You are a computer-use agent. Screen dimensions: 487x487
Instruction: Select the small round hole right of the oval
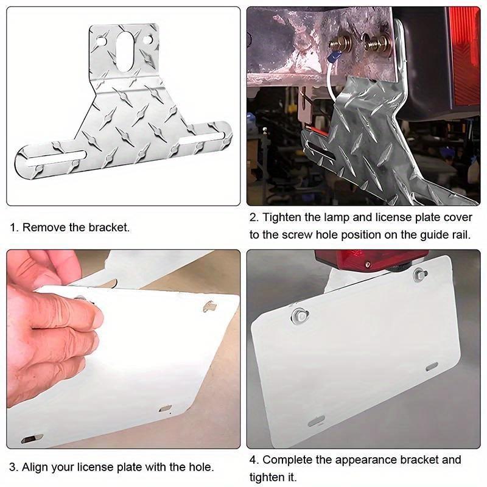pyautogui.click(x=147, y=40)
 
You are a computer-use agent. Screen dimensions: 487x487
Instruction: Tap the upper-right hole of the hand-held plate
pyautogui.click(x=209, y=306)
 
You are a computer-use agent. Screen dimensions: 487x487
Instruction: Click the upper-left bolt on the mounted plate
pyautogui.click(x=300, y=316)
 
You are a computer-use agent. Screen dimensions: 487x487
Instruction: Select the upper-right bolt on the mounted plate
pyautogui.click(x=419, y=274)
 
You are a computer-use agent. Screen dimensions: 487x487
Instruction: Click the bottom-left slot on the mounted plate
pyautogui.click(x=316, y=421)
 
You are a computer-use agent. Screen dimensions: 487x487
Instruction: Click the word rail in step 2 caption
pyautogui.click(x=460, y=235)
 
